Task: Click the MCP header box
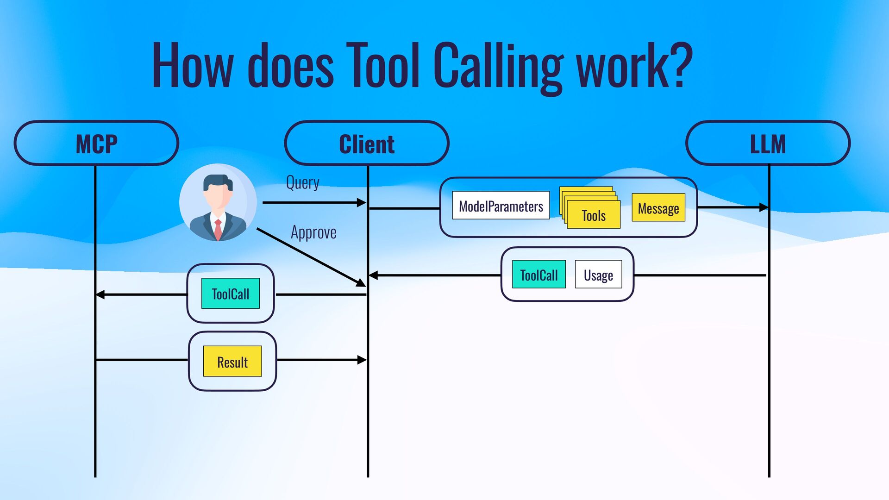[x=96, y=144]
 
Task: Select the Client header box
[x=367, y=144]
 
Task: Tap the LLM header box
[x=768, y=144]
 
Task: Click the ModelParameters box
[x=501, y=206]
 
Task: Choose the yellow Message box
[x=658, y=207]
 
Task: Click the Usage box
[x=598, y=275]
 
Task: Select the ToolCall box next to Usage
[x=538, y=275]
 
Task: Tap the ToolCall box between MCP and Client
[x=230, y=294]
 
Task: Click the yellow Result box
[x=232, y=361]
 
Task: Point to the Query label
[x=302, y=182]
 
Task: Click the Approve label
[x=313, y=232]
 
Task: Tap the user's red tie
[x=218, y=229]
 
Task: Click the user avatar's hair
[x=218, y=181]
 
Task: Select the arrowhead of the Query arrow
[x=362, y=202]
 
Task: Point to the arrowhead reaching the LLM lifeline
[x=764, y=207]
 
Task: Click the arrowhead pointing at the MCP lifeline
[x=100, y=294]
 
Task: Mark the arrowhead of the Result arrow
[x=362, y=360]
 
